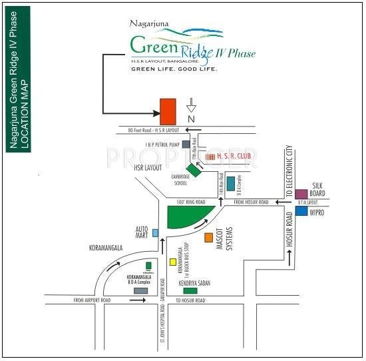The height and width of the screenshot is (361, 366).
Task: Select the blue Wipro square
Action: point(302,211)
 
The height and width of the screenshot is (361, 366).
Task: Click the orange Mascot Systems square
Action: point(209,237)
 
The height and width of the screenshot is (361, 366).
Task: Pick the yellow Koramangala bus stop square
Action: point(173,262)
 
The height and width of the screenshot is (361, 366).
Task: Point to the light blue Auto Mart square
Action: point(155,232)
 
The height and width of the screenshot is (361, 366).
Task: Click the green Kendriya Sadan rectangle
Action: point(190,290)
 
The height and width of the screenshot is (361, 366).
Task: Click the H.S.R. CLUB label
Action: point(230,156)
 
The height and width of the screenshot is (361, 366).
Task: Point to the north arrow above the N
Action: point(192,105)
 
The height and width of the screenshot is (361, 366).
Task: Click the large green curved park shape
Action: point(188,216)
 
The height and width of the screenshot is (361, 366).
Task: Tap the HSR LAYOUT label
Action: point(148,168)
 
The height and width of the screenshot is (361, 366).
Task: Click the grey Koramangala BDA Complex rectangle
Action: point(140,290)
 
